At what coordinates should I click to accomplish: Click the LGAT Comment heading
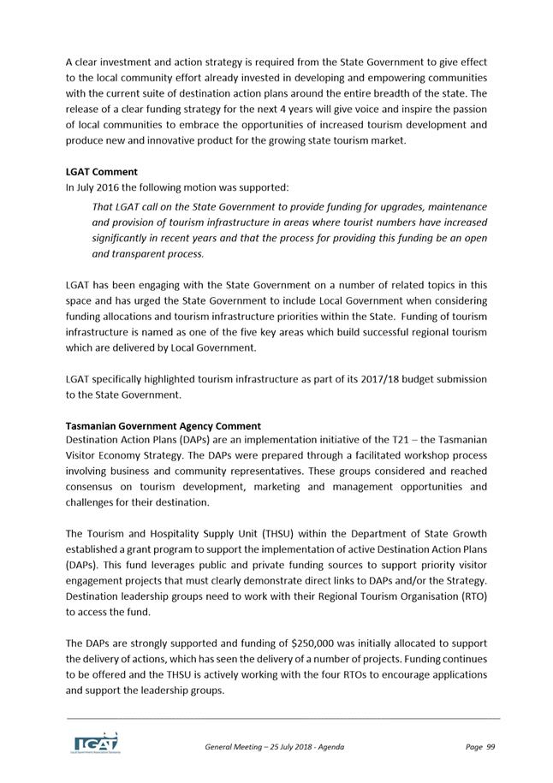click(101, 172)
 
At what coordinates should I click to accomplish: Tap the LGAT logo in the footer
click(95, 742)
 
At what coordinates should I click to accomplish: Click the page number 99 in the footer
click(490, 747)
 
